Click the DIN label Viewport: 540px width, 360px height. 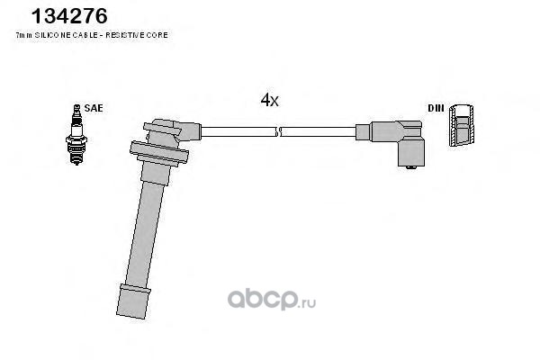(436, 108)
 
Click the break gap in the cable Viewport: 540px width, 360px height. (278, 132)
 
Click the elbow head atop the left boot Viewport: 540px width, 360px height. (172, 131)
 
